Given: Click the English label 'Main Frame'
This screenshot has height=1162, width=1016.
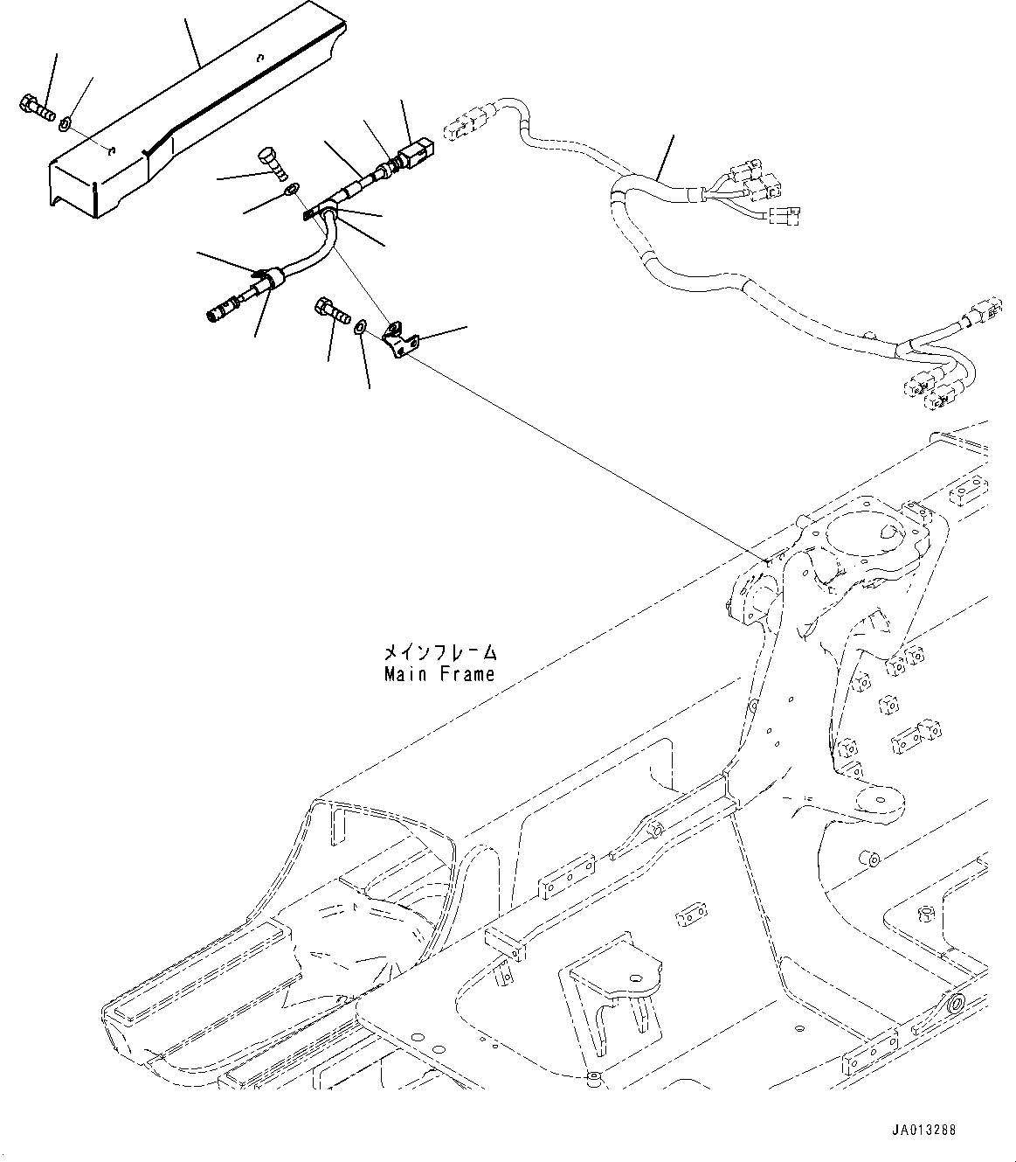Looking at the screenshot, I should click(x=439, y=674).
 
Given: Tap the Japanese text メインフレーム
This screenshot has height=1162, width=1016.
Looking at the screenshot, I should click(x=439, y=652).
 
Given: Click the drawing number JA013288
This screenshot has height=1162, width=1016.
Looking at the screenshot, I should click(x=924, y=1130).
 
